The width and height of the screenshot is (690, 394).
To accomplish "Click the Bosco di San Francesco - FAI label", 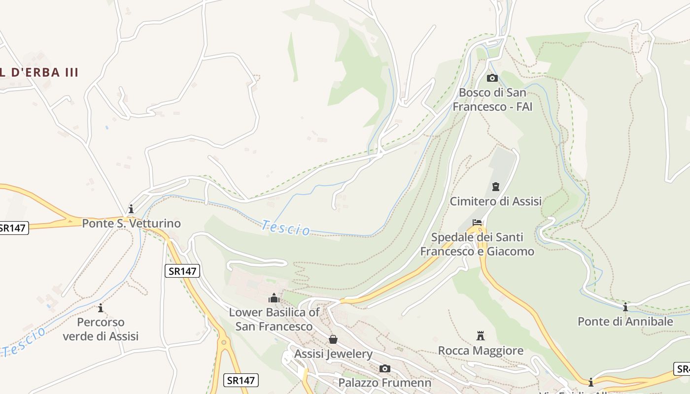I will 492,99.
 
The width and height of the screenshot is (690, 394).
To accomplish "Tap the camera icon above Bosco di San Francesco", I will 492,78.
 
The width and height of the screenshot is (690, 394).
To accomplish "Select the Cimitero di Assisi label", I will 495,201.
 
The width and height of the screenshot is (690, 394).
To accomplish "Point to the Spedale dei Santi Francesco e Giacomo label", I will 477,244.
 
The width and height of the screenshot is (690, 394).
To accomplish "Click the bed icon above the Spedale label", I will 477,223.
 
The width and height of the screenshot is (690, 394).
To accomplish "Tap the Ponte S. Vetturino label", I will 131,224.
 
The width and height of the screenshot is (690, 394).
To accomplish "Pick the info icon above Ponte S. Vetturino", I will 131,209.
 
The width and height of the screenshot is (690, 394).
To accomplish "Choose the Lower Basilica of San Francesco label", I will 274,319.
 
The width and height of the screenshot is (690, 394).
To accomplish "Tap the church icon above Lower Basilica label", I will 274,298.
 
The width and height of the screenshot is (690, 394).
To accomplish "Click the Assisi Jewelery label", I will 333,354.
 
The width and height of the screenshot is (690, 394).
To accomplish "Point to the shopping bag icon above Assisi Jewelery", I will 333,339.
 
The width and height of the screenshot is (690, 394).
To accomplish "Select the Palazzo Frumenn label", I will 384,383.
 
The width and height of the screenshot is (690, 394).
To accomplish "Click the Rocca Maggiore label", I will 481,351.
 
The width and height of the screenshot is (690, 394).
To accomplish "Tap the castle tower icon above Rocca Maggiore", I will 481,336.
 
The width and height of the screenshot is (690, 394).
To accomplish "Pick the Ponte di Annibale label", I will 625,322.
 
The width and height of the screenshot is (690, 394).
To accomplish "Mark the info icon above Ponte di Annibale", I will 625,307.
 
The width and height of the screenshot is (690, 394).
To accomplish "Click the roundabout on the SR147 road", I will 224,341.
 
